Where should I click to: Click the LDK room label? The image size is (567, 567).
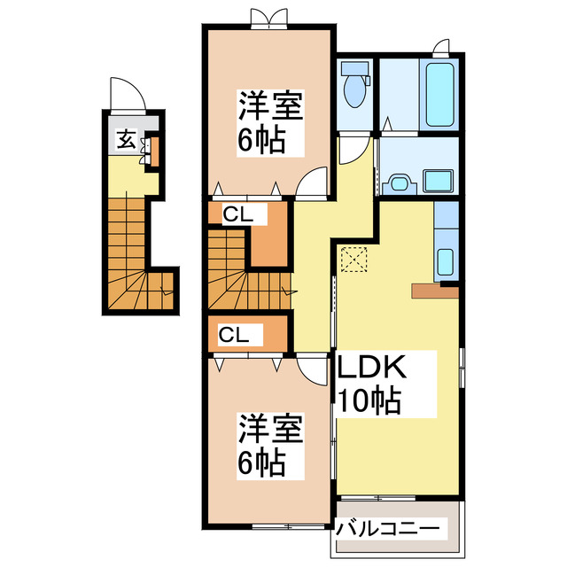[369, 368]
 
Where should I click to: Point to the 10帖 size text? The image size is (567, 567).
[369, 400]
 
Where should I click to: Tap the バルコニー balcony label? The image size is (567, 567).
[387, 529]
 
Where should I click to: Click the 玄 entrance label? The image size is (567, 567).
[126, 139]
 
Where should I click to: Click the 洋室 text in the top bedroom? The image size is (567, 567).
[270, 108]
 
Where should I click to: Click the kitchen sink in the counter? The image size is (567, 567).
[446, 262]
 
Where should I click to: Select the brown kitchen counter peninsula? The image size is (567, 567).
[434, 290]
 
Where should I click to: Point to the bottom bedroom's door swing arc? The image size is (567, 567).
[310, 369]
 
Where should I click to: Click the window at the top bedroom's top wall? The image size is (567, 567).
[268, 19]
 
